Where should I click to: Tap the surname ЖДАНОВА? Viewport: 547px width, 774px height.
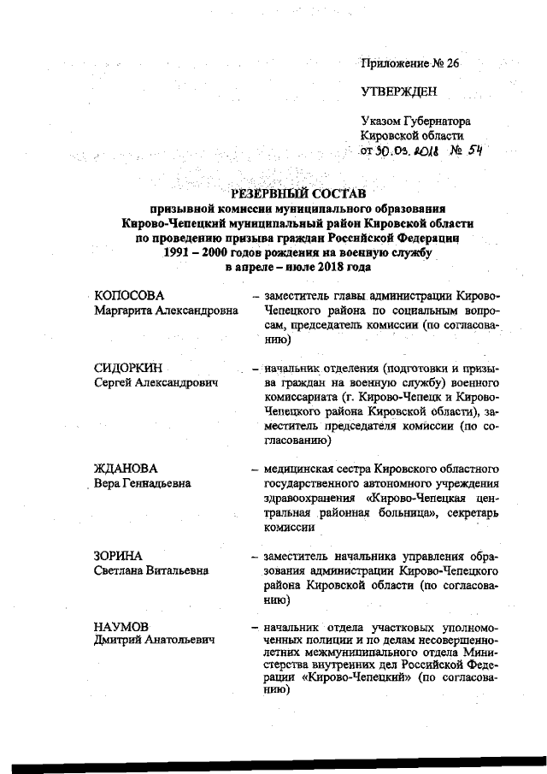[x=126, y=470]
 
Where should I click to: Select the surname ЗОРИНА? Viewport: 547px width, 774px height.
[x=118, y=555]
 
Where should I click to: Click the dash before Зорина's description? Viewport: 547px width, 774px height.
[x=255, y=556]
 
